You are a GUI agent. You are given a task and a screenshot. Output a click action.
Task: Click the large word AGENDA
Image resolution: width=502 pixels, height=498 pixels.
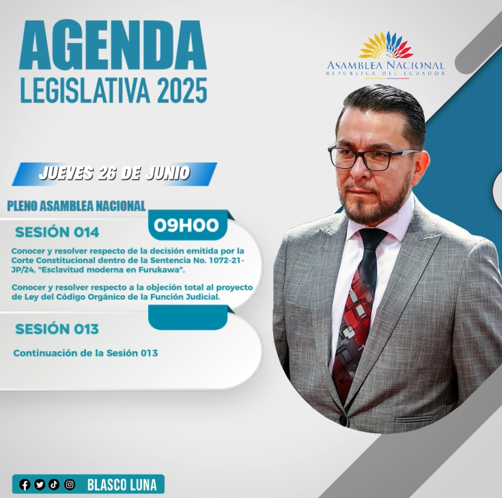113,45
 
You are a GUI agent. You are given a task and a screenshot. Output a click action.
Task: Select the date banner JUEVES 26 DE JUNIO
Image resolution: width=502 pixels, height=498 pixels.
114,174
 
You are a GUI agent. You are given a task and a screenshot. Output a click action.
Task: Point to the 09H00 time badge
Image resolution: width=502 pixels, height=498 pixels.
186,225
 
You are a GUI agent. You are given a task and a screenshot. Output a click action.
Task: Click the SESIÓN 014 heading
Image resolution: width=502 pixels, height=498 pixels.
57,232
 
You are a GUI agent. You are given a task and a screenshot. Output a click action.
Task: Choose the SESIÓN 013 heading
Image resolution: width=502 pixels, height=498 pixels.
57,329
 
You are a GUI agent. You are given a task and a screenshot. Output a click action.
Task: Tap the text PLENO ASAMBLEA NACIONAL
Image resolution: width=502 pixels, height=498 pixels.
76,206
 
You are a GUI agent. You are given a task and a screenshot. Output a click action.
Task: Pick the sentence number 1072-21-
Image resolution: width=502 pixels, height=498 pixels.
226,260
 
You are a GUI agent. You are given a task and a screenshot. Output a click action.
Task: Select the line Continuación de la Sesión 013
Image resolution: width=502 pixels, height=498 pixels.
85,353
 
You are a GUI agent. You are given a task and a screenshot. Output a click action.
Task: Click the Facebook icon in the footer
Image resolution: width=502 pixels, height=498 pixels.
25,484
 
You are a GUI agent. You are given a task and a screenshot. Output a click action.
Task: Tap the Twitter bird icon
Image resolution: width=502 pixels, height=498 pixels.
40,484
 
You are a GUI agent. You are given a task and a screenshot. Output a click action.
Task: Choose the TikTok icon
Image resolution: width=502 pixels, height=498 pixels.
54,484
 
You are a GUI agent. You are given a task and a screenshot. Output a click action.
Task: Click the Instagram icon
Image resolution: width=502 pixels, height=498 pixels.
70,484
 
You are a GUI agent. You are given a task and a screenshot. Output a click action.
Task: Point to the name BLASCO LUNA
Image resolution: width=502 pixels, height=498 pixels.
122,485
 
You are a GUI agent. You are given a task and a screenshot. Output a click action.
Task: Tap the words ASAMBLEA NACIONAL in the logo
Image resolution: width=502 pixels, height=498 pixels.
386,66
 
